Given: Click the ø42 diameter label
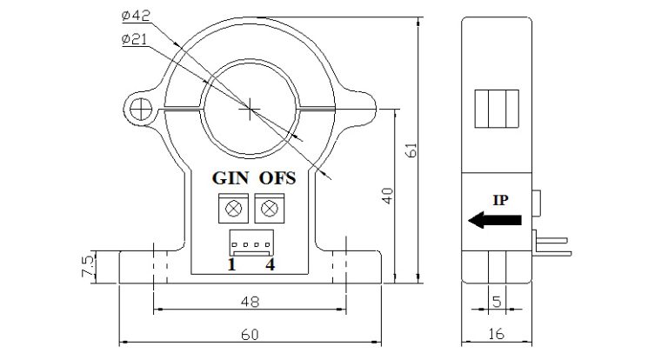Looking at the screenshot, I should click(137, 15).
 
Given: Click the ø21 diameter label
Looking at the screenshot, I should click(137, 39).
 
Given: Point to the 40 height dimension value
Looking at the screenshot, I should click(388, 197).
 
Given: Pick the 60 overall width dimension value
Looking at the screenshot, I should click(249, 334).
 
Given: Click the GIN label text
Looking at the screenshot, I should click(232, 178).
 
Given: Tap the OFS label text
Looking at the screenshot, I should click(277, 178).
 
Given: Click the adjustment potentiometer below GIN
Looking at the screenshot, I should click(233, 209).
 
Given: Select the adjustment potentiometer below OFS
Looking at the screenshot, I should click(271, 209).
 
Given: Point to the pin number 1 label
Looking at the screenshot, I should click(231, 264).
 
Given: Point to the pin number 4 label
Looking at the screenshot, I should click(271, 264).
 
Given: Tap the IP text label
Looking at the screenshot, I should click(501, 199).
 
